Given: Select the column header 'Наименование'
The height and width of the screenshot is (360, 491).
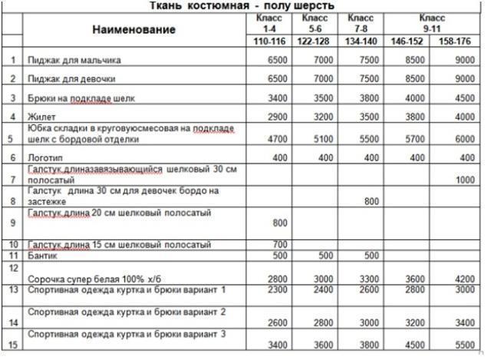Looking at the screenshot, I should pos(133,29).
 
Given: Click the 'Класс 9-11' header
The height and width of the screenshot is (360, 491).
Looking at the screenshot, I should pos(432,22).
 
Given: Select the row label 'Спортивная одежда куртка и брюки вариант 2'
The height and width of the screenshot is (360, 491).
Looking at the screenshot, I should pos(127,312).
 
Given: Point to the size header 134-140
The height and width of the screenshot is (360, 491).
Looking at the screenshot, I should pos(361,40).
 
